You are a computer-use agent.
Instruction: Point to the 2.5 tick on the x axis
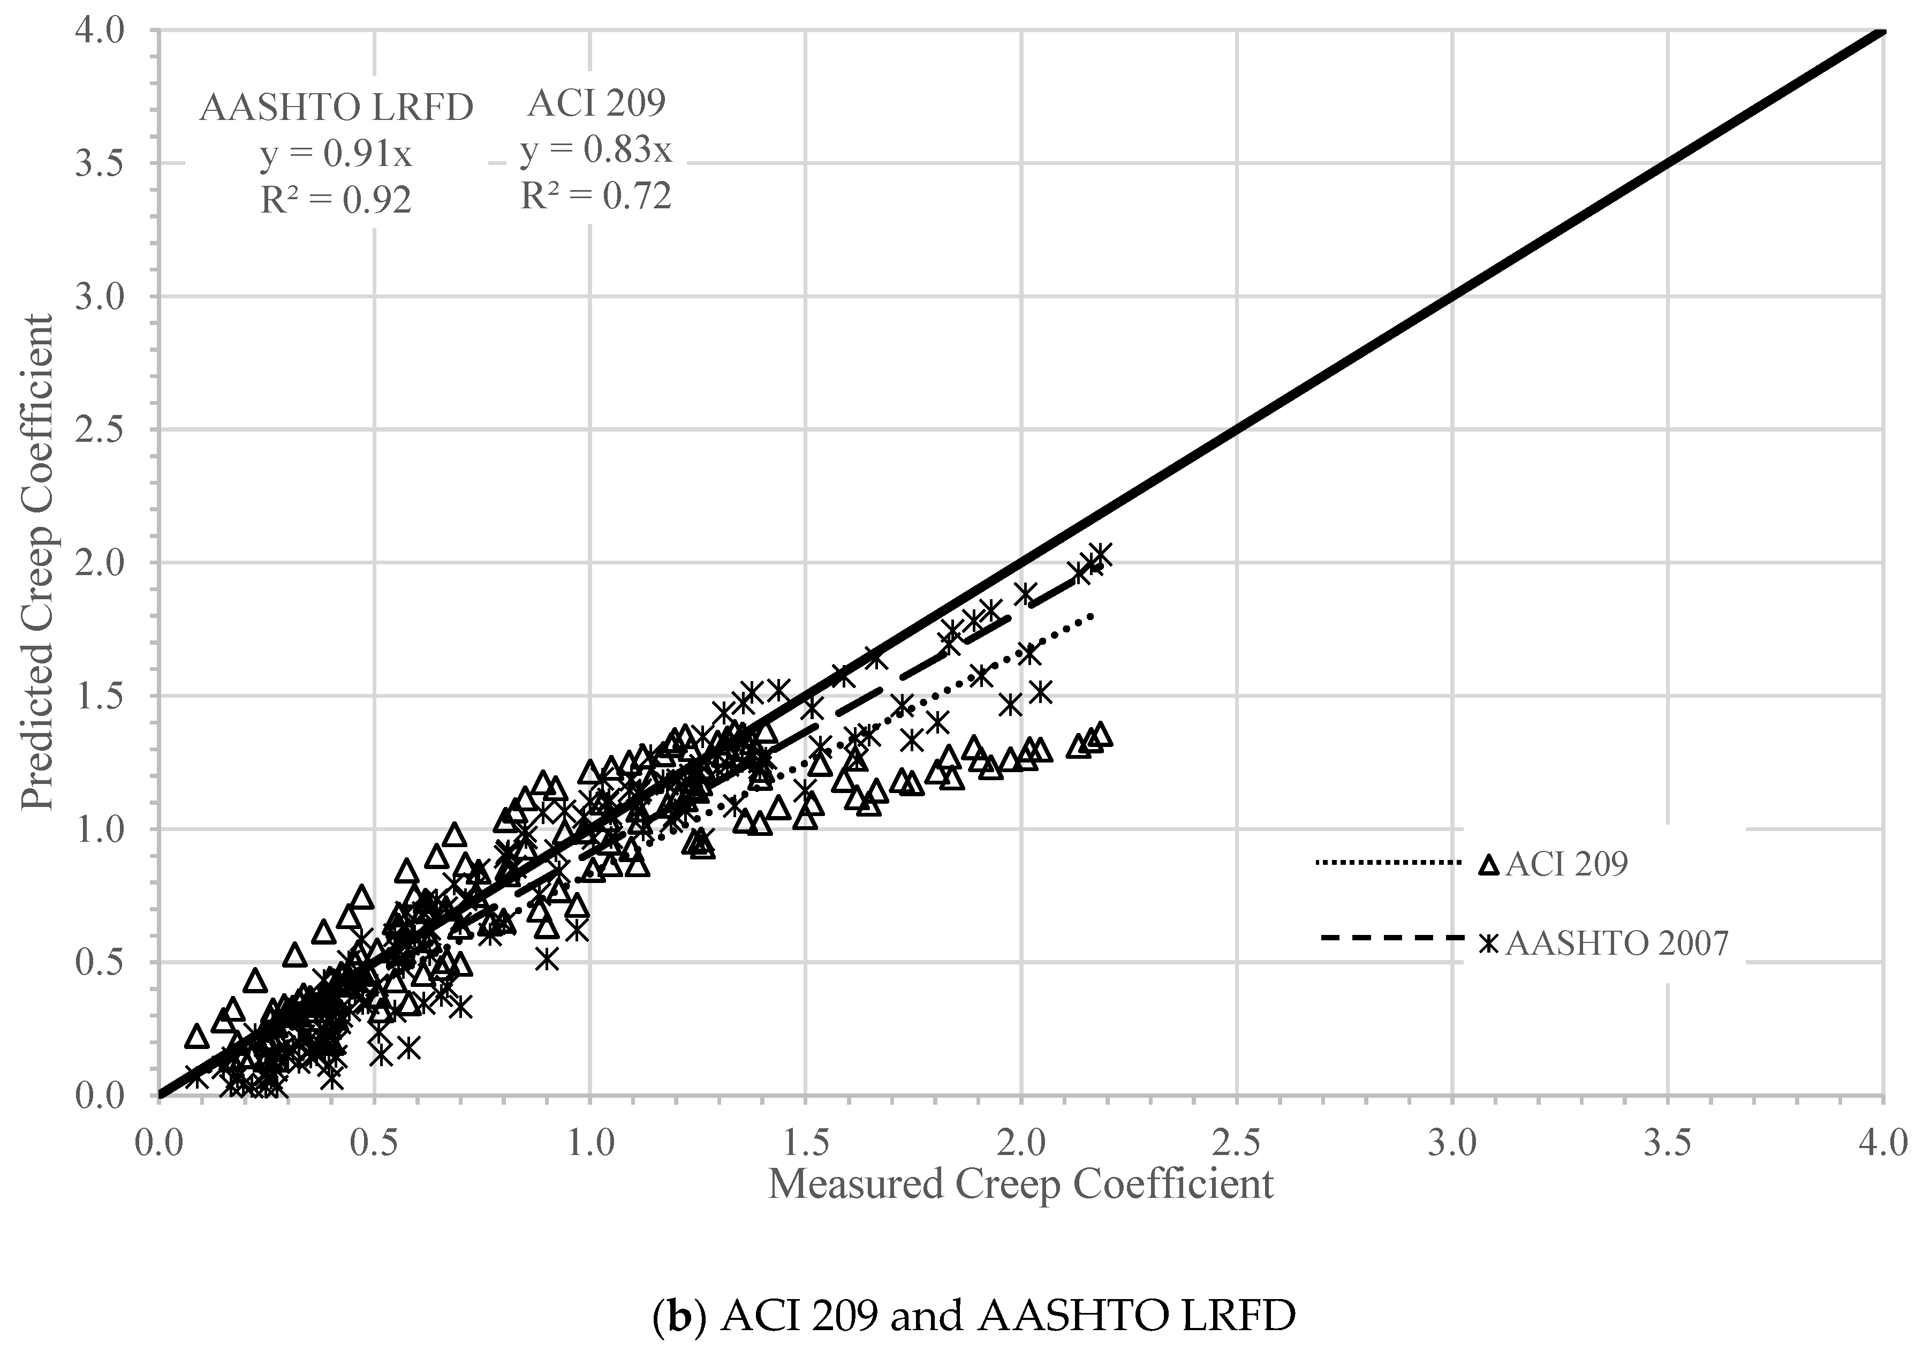point(1236,1143)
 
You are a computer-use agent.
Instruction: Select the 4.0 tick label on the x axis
point(1883,1143)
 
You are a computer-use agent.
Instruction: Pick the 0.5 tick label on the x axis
point(374,1143)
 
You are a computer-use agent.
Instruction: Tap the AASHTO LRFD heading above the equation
point(335,109)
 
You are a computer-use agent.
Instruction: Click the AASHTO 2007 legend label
point(1616,943)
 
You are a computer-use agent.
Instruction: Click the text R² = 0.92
point(335,201)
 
